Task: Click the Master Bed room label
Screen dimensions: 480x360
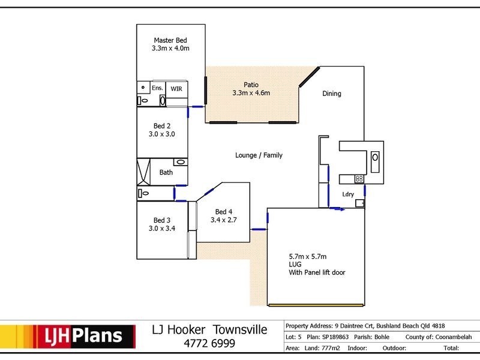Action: [170, 40]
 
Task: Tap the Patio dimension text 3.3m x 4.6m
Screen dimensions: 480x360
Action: [251, 93]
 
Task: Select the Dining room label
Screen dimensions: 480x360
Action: [332, 94]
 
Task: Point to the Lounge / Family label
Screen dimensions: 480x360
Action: [259, 155]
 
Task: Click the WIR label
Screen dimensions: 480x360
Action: [176, 89]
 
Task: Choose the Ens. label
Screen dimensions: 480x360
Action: [157, 88]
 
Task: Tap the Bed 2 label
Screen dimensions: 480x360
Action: [162, 126]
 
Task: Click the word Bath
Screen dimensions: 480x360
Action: [166, 172]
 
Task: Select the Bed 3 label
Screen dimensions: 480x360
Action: [162, 220]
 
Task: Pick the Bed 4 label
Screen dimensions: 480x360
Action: [223, 212]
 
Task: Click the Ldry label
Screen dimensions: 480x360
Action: [348, 194]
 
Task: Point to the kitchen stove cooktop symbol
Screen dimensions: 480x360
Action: [359, 179]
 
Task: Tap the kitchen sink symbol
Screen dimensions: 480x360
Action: [375, 161]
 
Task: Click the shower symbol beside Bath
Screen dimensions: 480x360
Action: [143, 172]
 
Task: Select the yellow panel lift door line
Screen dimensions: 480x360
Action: [316, 305]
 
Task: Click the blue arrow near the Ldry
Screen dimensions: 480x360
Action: [337, 209]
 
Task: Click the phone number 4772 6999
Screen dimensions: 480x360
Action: [209, 343]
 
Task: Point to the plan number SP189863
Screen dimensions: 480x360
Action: [335, 337]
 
